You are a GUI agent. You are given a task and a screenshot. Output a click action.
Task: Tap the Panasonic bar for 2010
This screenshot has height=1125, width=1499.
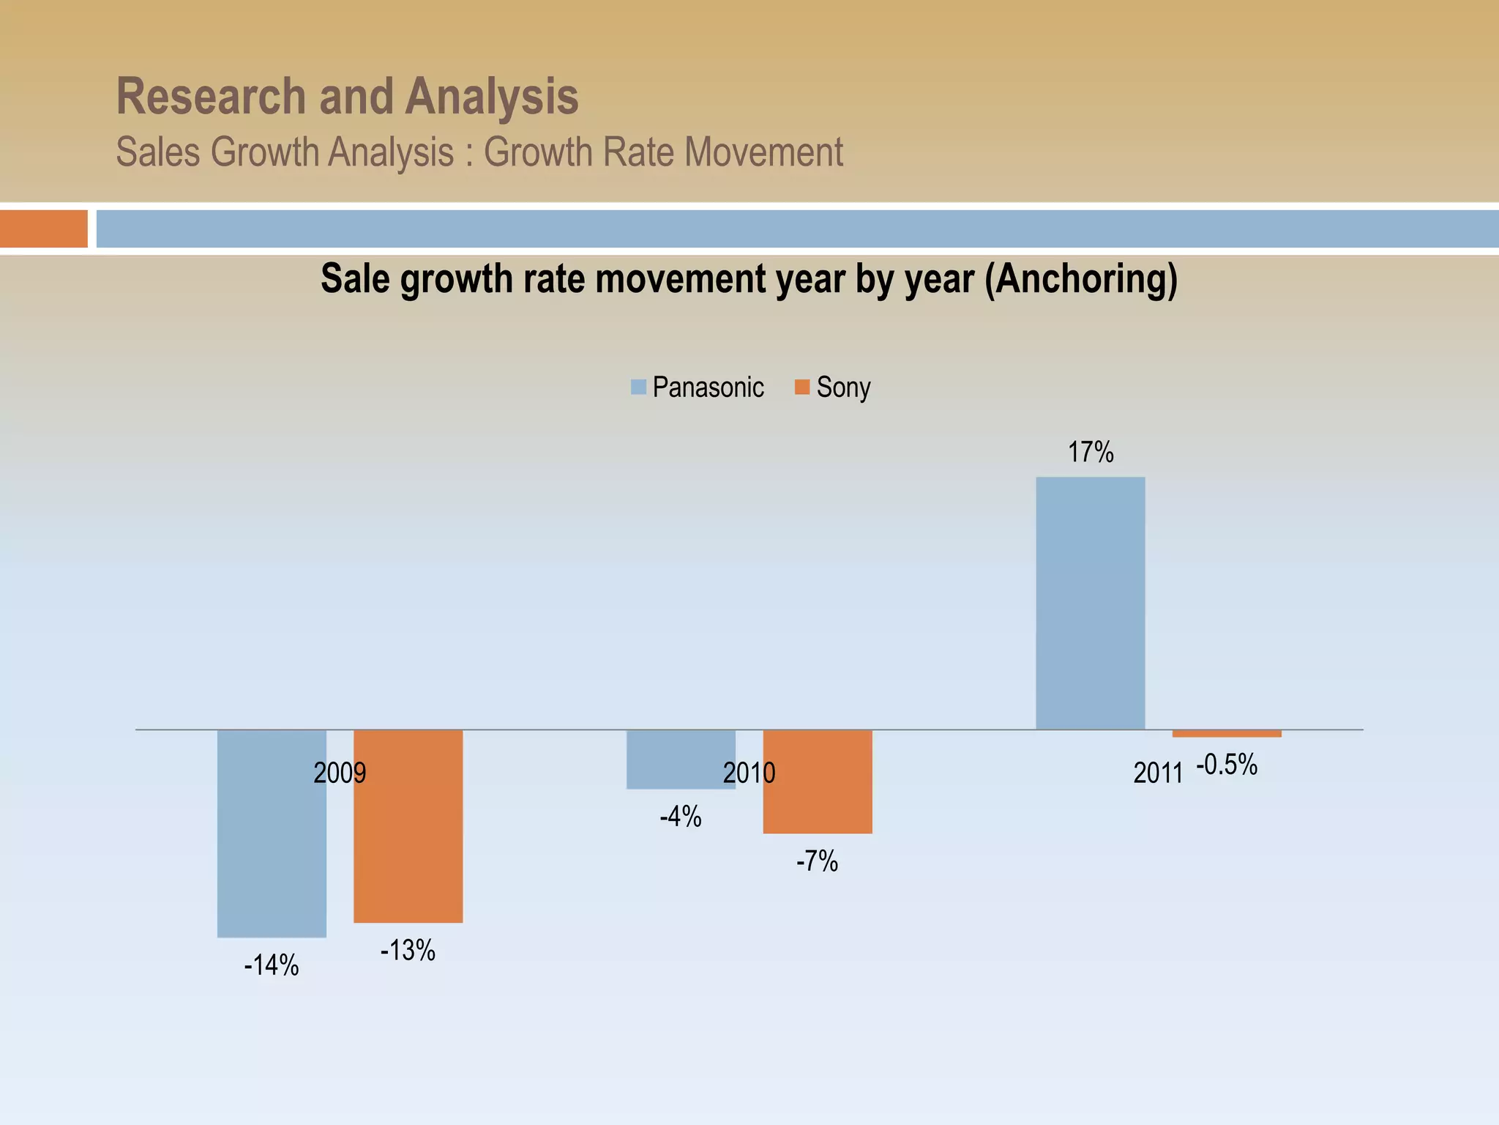coord(681,759)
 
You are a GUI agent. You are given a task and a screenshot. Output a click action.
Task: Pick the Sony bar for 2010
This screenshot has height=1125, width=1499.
coord(818,781)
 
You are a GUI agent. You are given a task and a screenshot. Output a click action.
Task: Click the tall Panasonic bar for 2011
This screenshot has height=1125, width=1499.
coord(1090,603)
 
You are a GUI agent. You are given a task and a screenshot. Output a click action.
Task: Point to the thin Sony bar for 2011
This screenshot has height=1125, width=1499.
coord(1227,733)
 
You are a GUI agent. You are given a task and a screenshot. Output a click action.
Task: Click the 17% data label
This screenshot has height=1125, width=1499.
coord(1091,453)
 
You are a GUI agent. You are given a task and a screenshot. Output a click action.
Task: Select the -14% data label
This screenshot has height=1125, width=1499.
coord(272,965)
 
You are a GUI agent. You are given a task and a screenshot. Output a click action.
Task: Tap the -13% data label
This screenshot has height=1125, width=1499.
coord(408,951)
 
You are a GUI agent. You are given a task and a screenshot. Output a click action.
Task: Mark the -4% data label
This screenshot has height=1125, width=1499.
coord(681,817)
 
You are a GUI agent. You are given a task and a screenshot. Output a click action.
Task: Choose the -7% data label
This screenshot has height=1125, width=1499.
coord(817,861)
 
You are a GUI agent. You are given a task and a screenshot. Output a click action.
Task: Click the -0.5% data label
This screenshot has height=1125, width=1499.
coord(1227,765)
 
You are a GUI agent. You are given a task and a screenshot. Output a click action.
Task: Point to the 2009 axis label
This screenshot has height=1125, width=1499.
coord(340,773)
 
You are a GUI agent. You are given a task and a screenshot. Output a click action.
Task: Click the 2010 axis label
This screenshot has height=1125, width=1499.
coord(749,773)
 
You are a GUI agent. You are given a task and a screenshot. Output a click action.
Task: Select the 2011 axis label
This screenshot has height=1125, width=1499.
coord(1158,773)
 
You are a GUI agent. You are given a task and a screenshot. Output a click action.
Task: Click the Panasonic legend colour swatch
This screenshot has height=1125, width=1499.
coord(638,387)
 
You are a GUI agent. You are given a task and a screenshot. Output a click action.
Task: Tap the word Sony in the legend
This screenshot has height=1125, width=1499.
coord(843,387)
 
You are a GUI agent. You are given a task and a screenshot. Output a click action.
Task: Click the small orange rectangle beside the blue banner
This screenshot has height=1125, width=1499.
coord(44,229)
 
